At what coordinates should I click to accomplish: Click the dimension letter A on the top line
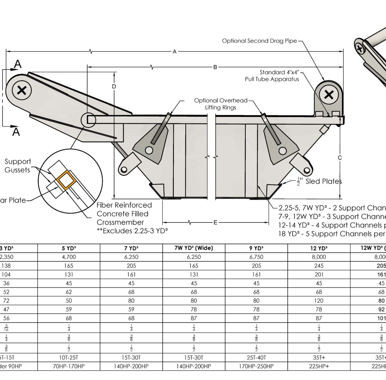(175, 51)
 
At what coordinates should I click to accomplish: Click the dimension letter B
(216, 67)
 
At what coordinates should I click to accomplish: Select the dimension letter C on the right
(340, 158)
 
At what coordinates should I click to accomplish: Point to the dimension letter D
(114, 87)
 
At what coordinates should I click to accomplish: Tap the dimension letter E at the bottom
(215, 222)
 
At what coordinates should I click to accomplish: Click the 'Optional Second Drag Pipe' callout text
(259, 41)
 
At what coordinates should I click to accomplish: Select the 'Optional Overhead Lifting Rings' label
(221, 104)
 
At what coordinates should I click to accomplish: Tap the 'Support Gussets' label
(18, 166)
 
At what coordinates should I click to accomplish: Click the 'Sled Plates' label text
(323, 182)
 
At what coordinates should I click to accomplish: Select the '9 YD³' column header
(256, 248)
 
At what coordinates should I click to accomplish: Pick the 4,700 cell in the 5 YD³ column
(69, 257)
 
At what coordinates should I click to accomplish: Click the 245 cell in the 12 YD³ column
(319, 266)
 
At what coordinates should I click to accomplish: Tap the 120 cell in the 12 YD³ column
(319, 301)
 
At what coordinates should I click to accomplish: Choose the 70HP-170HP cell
(69, 366)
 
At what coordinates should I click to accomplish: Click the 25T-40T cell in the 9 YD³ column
(256, 357)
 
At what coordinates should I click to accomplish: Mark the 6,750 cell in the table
(256, 257)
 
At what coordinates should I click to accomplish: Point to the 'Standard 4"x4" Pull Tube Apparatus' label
(281, 76)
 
